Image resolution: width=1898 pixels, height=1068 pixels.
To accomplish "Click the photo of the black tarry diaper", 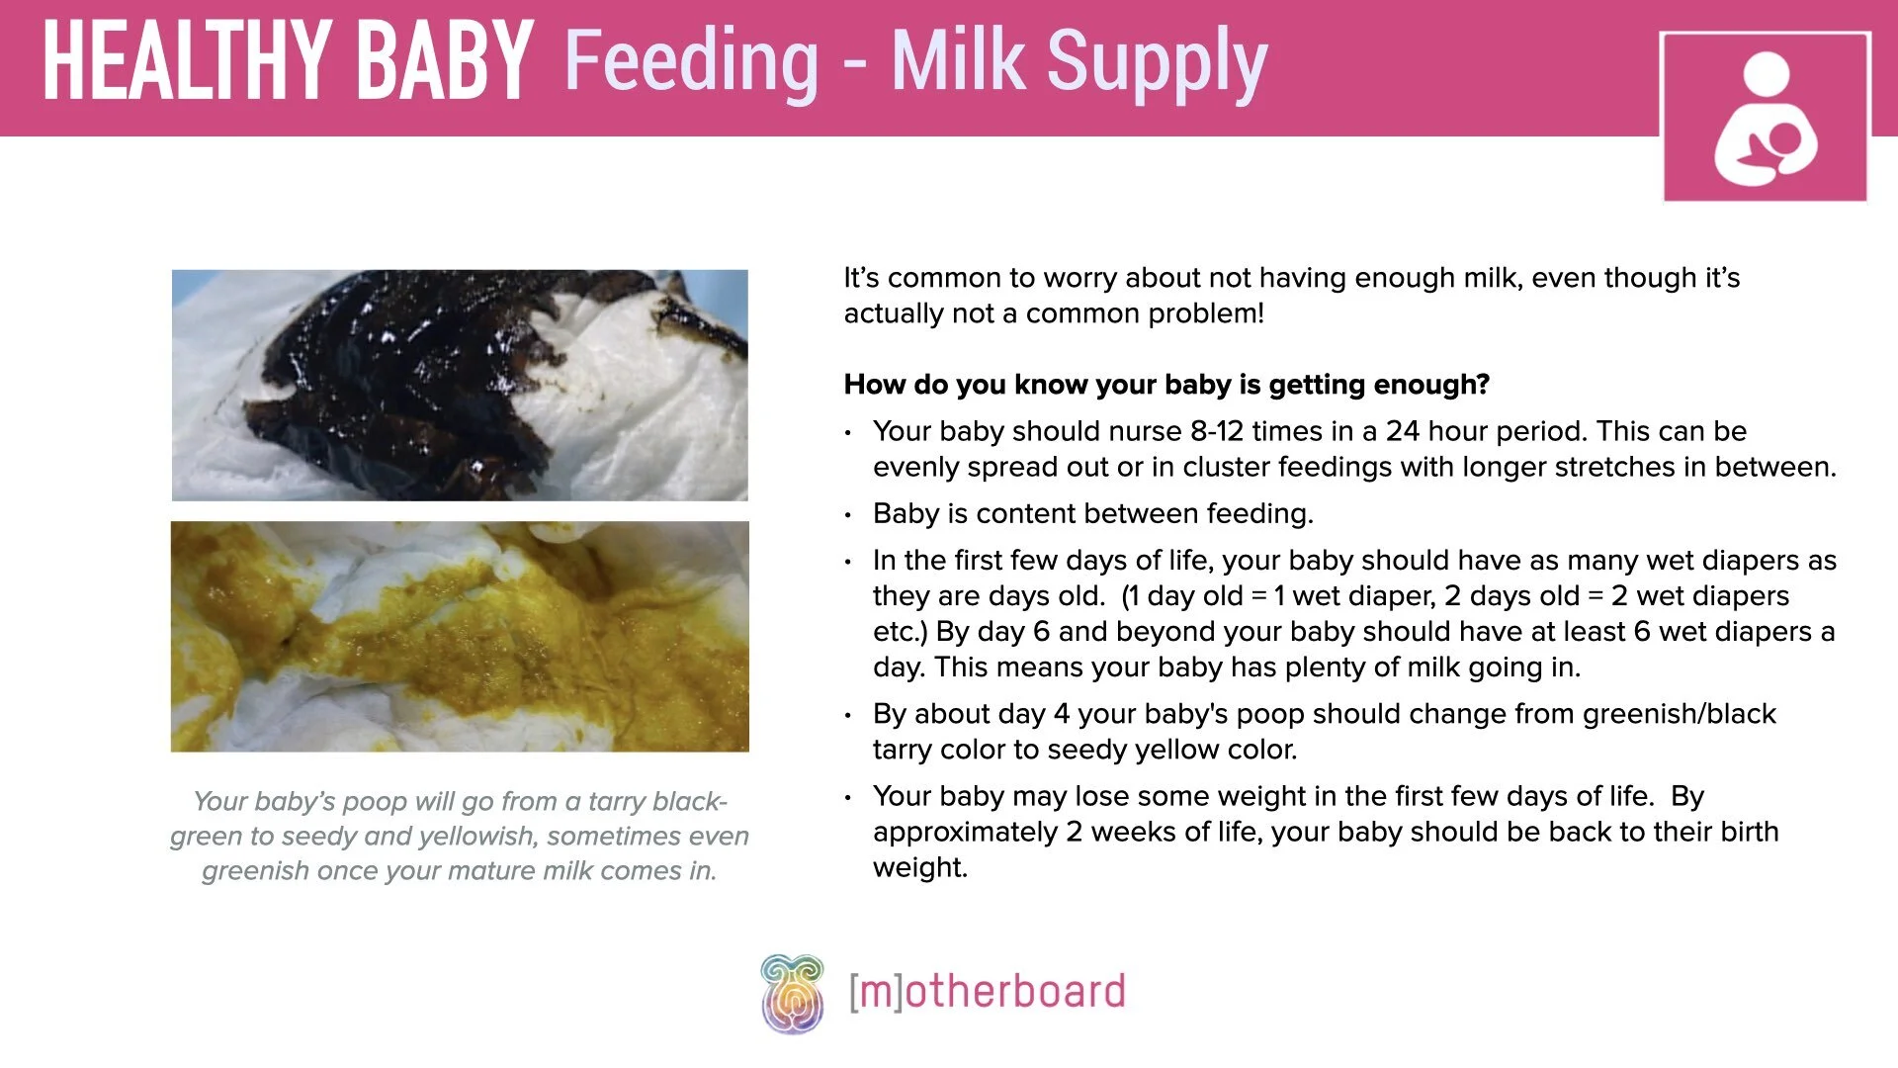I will pyautogui.click(x=460, y=386).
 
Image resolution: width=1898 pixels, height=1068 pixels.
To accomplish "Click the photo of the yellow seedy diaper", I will pyautogui.click(x=460, y=637).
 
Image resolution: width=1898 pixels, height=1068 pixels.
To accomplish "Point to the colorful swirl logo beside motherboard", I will pyautogui.click(x=792, y=993).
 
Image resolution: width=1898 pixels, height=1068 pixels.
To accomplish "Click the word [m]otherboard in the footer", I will pyautogui.click(x=987, y=992).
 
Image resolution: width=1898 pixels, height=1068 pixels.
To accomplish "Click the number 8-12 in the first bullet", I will pyautogui.click(x=1216, y=431).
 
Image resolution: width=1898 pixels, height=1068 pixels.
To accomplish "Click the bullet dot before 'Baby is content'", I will pyautogui.click(x=848, y=515).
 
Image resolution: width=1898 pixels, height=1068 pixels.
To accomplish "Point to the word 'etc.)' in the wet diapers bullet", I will pyautogui.click(x=900, y=632).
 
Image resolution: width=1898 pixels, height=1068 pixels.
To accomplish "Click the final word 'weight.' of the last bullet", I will pyautogui.click(x=919, y=867).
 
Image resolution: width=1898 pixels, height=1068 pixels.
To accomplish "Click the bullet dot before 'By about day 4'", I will pyautogui.click(x=848, y=715).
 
